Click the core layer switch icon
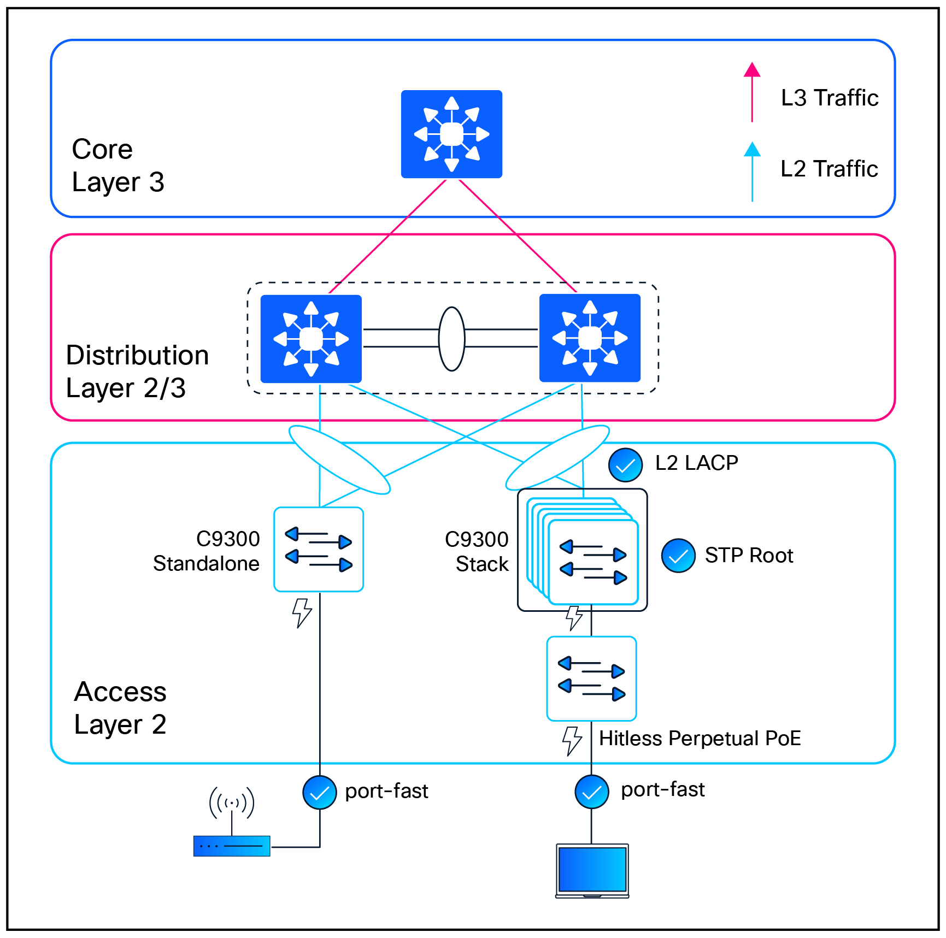pyautogui.click(x=451, y=134)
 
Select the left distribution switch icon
pyautogui.click(x=311, y=339)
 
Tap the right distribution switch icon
pyautogui.click(x=590, y=338)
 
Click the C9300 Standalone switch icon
pyautogui.click(x=319, y=549)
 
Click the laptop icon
pyautogui.click(x=592, y=870)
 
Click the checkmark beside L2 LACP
pyautogui.click(x=625, y=465)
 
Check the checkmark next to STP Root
pyautogui.click(x=678, y=556)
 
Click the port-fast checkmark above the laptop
pyautogui.click(x=592, y=792)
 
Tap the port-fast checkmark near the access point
pyautogui.click(x=320, y=792)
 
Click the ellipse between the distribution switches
pyautogui.click(x=451, y=339)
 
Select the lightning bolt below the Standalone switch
pyautogui.click(x=302, y=612)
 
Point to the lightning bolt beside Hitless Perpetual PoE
pyautogui.click(x=572, y=740)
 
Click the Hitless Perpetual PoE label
pyautogui.click(x=700, y=739)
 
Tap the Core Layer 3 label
pyautogui.click(x=117, y=166)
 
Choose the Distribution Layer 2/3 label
pyautogui.click(x=137, y=371)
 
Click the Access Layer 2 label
pyautogui.click(x=120, y=708)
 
